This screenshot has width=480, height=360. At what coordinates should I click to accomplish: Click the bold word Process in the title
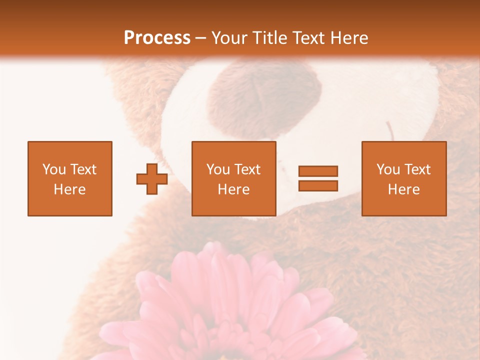(x=157, y=38)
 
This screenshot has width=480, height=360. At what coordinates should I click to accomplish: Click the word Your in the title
(x=230, y=38)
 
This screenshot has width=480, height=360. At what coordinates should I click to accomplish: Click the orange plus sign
(x=152, y=178)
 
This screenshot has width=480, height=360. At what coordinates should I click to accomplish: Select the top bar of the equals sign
(x=318, y=171)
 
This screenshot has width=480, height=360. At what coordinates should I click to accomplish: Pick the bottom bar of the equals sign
(x=318, y=186)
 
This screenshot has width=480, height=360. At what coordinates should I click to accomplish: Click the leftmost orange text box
(x=69, y=178)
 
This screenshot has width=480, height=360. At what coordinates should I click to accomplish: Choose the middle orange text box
(x=233, y=178)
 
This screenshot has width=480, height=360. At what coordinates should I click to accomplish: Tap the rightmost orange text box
(x=403, y=178)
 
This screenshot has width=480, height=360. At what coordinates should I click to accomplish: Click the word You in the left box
(x=53, y=169)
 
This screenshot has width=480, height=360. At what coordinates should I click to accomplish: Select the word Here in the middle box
(x=233, y=189)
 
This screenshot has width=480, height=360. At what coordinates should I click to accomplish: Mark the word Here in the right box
(x=403, y=189)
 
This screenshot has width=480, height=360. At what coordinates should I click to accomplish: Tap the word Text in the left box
(x=83, y=169)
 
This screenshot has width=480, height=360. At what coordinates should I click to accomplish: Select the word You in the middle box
(x=217, y=169)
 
